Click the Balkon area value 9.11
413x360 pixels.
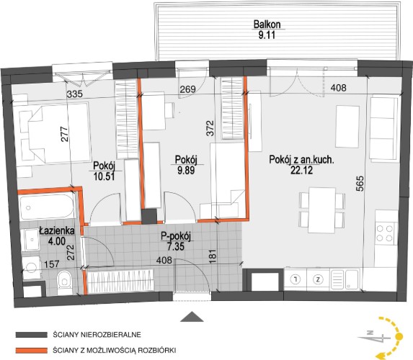pos(267,35)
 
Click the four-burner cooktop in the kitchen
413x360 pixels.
pos(385,233)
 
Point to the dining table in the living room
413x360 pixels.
pos(322,210)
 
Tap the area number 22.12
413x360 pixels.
pos(301,170)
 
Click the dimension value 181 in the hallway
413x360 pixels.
pos(213,256)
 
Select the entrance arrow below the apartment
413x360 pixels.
pos(192,317)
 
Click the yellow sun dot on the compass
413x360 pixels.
pos(399,336)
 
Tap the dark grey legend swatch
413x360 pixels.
pos(31,335)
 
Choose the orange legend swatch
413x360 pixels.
pos(31,351)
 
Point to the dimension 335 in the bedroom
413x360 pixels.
pos(75,94)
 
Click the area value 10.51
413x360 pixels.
pos(105,176)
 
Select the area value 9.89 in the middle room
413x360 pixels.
pos(186,170)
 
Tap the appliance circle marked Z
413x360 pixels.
pos(319,279)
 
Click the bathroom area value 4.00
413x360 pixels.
pos(57,241)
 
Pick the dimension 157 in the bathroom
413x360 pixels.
pos(52,264)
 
